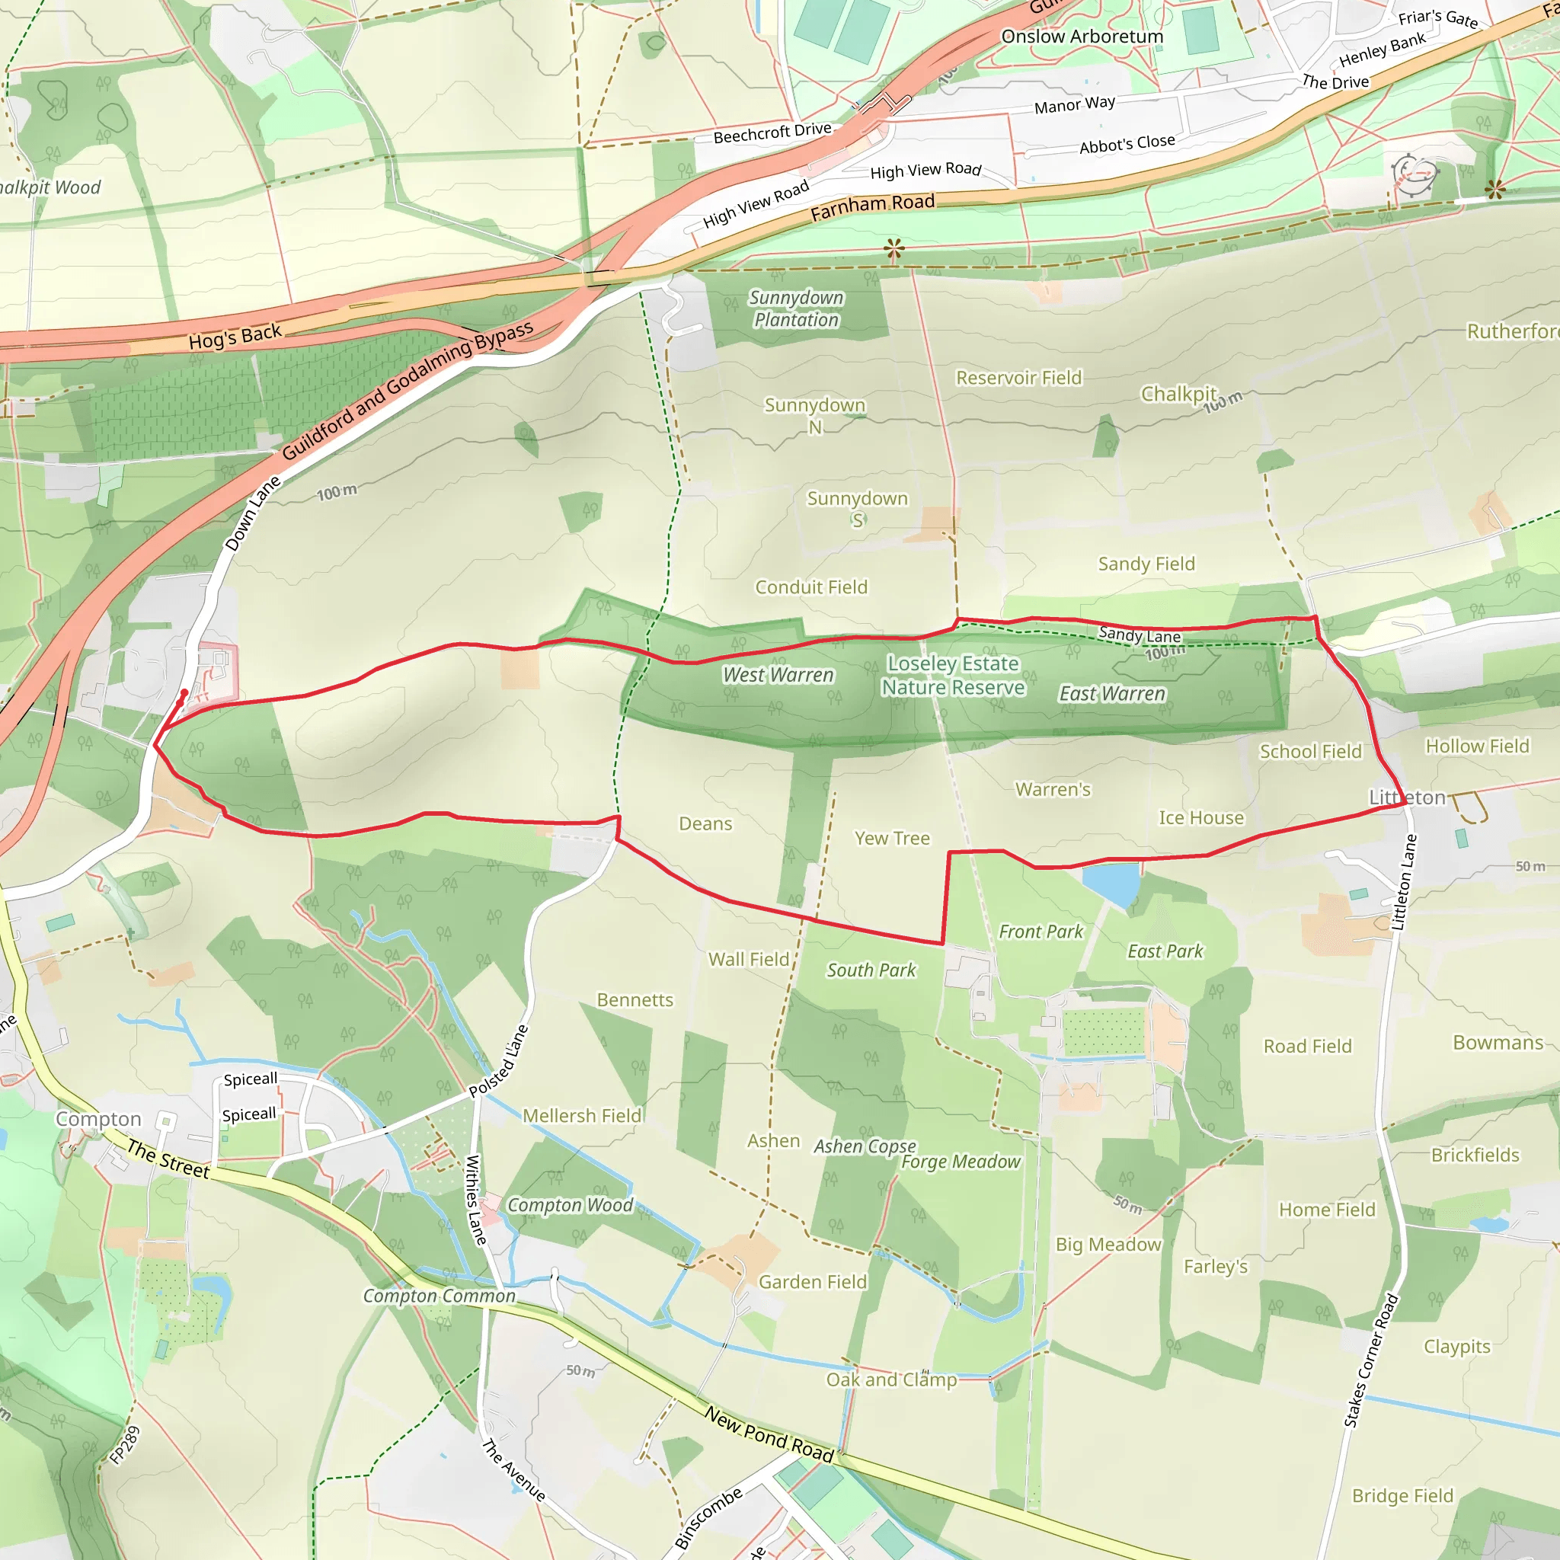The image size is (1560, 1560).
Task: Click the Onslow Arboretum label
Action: [x=1082, y=37]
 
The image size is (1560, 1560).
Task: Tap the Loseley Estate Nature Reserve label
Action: [x=953, y=675]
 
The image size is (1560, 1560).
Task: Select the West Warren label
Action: [x=778, y=675]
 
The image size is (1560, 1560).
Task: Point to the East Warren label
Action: [x=1112, y=695]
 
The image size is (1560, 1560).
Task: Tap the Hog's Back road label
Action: [x=235, y=337]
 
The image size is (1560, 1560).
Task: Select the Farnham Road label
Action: [x=872, y=207]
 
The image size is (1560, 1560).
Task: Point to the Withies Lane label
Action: [x=475, y=1200]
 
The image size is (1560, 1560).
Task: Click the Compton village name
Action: [x=98, y=1119]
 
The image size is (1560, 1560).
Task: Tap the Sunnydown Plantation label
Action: [x=796, y=309]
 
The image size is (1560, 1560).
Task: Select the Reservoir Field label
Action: [x=1018, y=378]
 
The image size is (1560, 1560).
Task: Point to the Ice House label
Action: [x=1200, y=818]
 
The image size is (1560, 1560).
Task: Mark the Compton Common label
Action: [x=439, y=1296]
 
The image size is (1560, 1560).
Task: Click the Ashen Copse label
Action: [x=865, y=1146]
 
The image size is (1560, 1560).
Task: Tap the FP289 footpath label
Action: [x=125, y=1444]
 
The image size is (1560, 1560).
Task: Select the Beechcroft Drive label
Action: [x=772, y=133]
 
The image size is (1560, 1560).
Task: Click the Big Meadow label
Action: [x=1108, y=1245]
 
